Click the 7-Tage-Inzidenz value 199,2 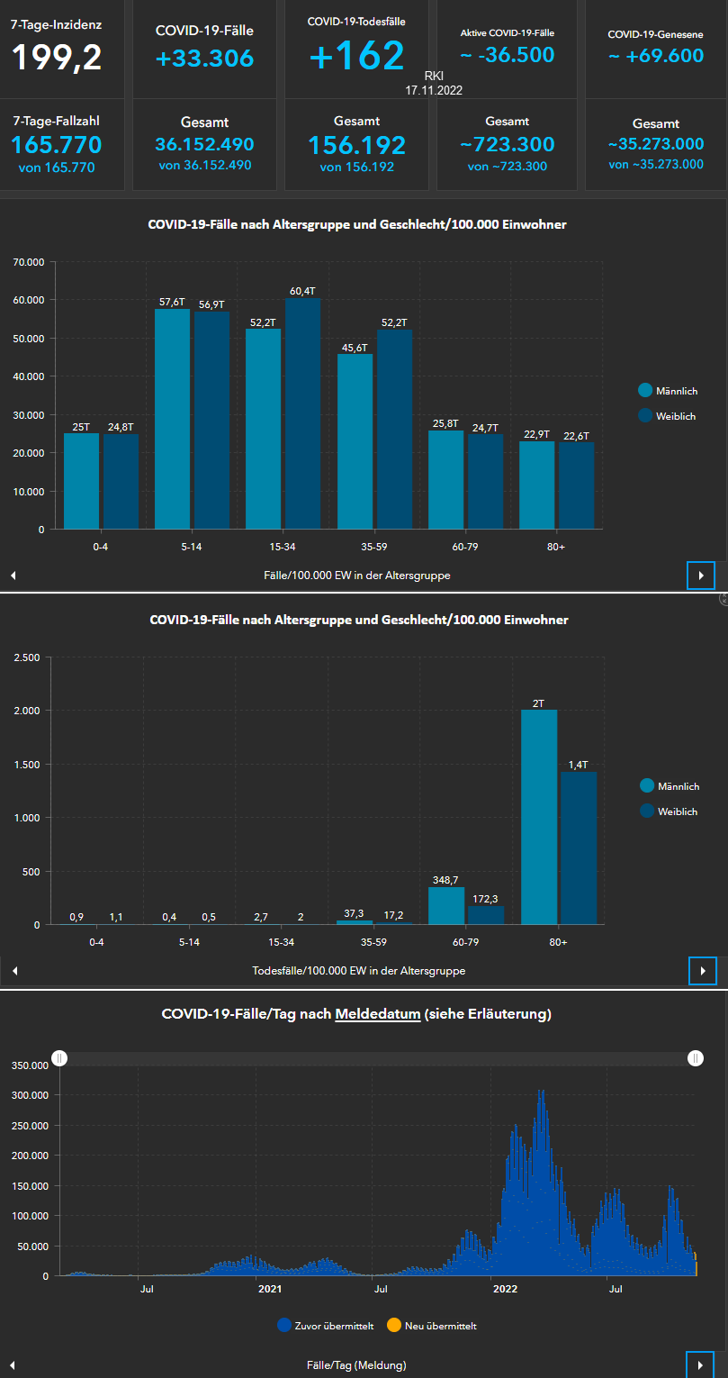point(57,57)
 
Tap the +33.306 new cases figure point(204,59)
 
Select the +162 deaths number point(356,56)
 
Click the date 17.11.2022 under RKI point(434,91)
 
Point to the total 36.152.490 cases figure point(204,145)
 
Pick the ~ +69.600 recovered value point(655,56)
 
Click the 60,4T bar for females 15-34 point(302,413)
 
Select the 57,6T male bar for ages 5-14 point(172,419)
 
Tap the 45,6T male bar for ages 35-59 point(355,441)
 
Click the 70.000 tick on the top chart point(29,262)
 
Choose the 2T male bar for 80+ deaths point(539,817)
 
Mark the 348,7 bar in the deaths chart point(446,906)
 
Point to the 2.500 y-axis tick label point(27,657)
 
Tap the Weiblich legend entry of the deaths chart point(670,811)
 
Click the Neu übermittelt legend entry point(436,1326)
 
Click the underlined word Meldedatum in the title point(377,1014)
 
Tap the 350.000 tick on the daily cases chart point(29,1040)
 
